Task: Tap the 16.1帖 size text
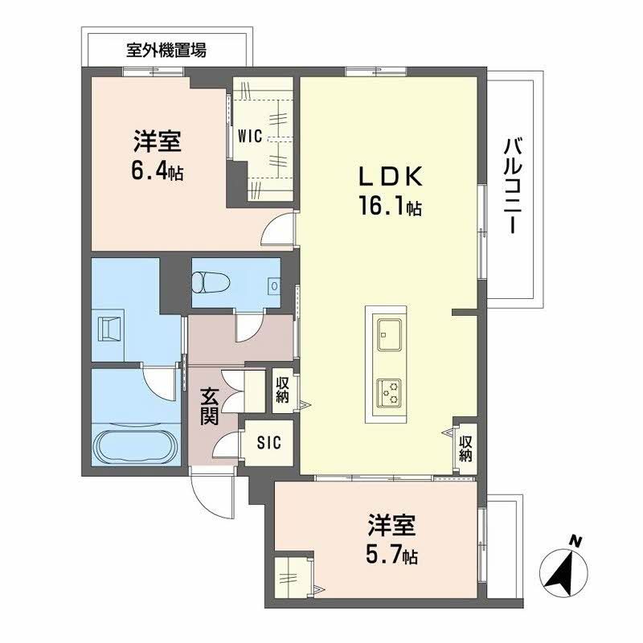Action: tap(390, 207)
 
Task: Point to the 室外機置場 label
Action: tap(167, 50)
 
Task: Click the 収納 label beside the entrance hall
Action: tap(283, 388)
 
